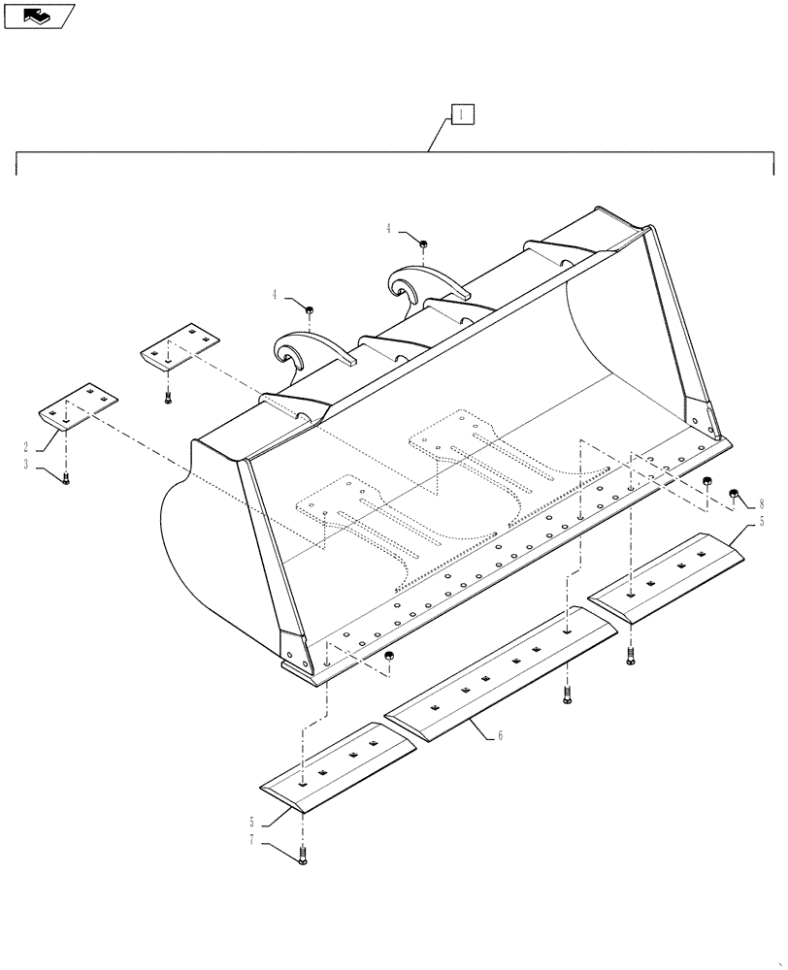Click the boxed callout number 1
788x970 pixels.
pyautogui.click(x=462, y=115)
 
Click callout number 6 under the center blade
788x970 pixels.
pyautogui.click(x=500, y=736)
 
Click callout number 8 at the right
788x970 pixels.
pyautogui.click(x=762, y=504)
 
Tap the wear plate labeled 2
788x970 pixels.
pyautogui.click(x=78, y=405)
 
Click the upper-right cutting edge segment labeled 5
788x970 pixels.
pyautogui.click(x=670, y=575)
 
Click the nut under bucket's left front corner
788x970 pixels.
pyautogui.click(x=389, y=659)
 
